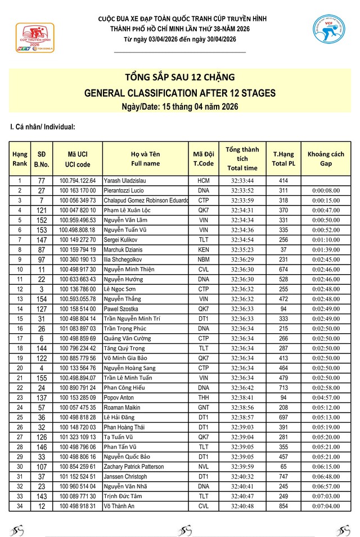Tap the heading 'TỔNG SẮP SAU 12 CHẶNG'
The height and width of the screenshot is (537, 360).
tap(179, 77)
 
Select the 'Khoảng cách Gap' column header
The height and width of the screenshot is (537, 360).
tap(326, 159)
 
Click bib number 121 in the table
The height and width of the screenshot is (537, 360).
tap(42, 210)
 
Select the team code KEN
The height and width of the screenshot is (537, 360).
tap(203, 249)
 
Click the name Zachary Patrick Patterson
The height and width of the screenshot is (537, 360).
tap(134, 467)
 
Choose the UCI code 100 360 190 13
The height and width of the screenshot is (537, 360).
tap(78, 259)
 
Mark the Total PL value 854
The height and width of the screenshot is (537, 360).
tap(283, 506)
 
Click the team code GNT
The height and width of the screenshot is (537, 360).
tap(203, 408)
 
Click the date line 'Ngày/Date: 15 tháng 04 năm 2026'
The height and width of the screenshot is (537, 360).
tap(179, 107)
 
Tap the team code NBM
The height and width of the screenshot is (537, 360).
tap(203, 259)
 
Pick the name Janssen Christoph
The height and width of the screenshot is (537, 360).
tap(125, 476)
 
